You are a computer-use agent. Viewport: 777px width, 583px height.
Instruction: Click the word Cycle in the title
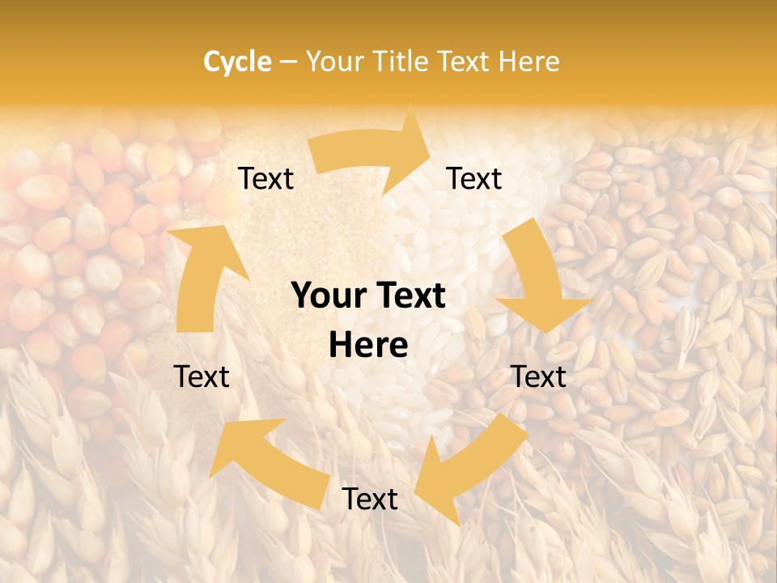(x=237, y=62)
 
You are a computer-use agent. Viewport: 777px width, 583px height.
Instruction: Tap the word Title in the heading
(x=402, y=62)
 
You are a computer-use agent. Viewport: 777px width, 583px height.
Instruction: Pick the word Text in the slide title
(x=465, y=62)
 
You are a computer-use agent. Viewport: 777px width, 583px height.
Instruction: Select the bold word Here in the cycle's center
(x=368, y=346)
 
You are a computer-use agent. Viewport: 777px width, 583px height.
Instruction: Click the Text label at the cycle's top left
(x=265, y=179)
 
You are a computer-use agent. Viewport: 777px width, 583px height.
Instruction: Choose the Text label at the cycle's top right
(x=474, y=179)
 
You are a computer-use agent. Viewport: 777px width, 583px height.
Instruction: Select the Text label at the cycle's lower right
(x=539, y=377)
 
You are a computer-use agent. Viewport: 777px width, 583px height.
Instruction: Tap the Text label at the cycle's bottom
(x=370, y=500)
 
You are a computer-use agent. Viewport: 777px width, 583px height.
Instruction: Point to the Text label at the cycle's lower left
(x=202, y=377)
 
